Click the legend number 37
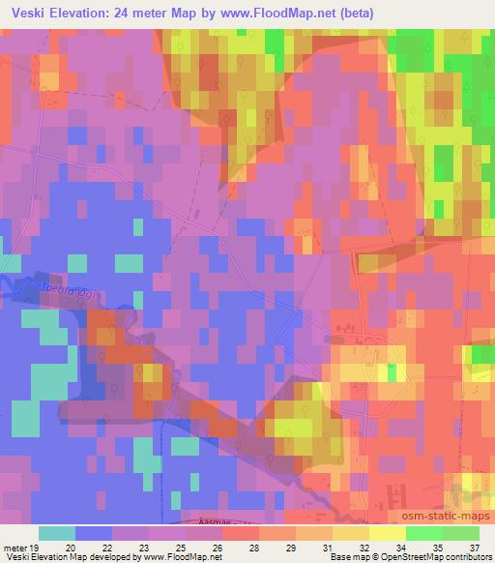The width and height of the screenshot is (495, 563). coord(474,547)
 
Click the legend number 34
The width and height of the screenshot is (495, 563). coord(401,547)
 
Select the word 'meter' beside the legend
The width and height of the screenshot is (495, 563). coord(15,547)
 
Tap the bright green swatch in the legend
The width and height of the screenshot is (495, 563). coord(423,533)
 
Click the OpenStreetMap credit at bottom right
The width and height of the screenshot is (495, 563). coord(400,558)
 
